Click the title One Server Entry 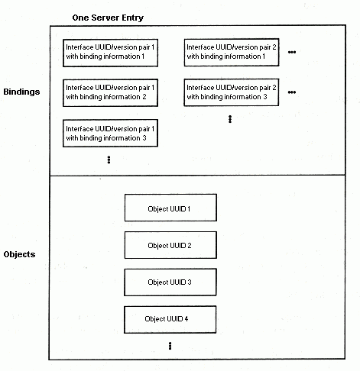pyautogui.click(x=108, y=18)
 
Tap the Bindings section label pyautogui.click(x=21, y=92)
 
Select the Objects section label pyautogui.click(x=19, y=254)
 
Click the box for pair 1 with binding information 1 pyautogui.click(x=110, y=53)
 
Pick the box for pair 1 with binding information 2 pyautogui.click(x=110, y=92)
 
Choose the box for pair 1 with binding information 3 pyautogui.click(x=110, y=133)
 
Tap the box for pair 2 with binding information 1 pyautogui.click(x=232, y=53)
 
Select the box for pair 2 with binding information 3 pyautogui.click(x=232, y=92)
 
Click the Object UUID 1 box pyautogui.click(x=170, y=208)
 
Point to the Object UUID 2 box pyautogui.click(x=170, y=245)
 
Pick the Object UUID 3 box pyautogui.click(x=170, y=282)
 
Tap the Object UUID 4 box pyautogui.click(x=170, y=320)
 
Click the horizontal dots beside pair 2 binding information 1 pyautogui.click(x=292, y=52)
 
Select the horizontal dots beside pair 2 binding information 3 pyautogui.click(x=292, y=92)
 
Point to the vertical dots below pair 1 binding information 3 pyautogui.click(x=109, y=160)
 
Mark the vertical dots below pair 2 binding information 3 pyautogui.click(x=230, y=119)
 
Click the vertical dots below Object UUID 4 pyautogui.click(x=170, y=346)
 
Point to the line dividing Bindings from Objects pyautogui.click(x=197, y=176)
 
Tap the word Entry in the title pyautogui.click(x=133, y=18)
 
